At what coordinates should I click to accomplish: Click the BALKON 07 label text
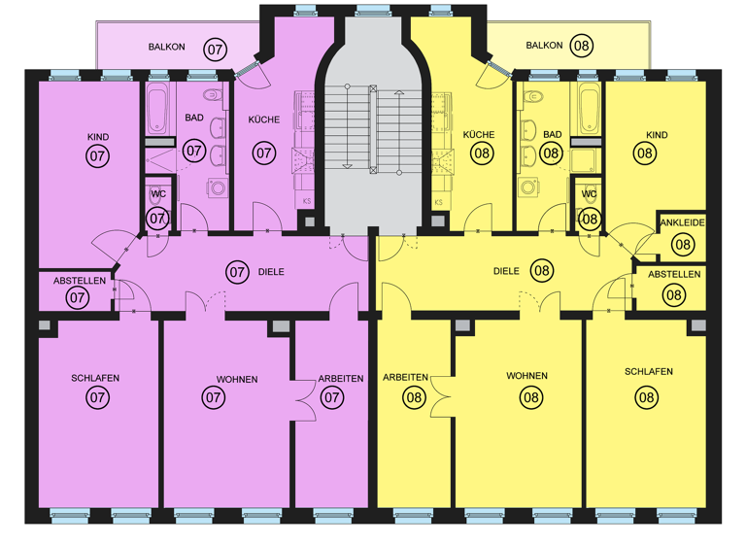(x=167, y=47)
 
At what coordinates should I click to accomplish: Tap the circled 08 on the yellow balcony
(x=582, y=46)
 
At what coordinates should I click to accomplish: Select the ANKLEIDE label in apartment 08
(x=682, y=223)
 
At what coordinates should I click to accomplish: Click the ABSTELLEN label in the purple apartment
(x=79, y=281)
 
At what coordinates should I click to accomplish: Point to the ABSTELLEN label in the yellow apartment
(x=673, y=275)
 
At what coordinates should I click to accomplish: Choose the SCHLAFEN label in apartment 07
(x=98, y=378)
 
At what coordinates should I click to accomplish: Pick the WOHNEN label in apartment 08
(x=526, y=376)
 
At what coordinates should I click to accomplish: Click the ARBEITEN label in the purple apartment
(x=341, y=379)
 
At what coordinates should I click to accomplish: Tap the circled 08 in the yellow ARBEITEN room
(x=414, y=396)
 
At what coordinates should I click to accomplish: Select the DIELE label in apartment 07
(x=271, y=272)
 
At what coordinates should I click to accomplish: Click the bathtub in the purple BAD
(x=159, y=109)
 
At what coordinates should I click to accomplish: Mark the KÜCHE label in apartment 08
(x=480, y=134)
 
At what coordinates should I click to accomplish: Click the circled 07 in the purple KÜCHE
(x=263, y=153)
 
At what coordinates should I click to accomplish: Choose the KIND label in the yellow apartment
(x=658, y=134)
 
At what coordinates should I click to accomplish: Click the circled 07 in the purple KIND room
(x=98, y=154)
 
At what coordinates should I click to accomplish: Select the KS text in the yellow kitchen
(x=438, y=202)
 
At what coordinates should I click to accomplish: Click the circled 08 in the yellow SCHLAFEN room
(x=647, y=395)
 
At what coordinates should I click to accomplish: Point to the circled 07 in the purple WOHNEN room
(x=213, y=396)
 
